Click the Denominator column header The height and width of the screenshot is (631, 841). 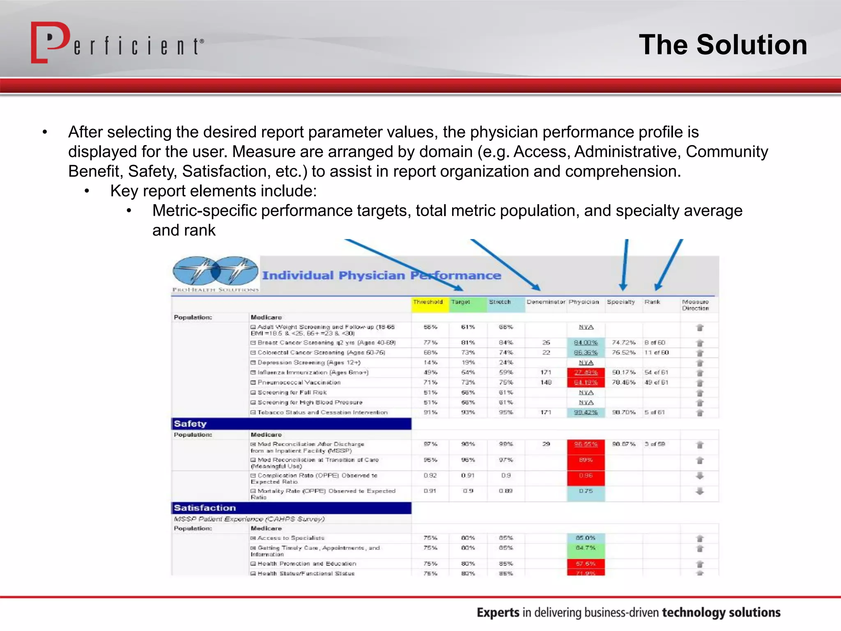(546, 302)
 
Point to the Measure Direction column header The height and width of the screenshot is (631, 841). (696, 305)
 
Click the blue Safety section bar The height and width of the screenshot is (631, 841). (291, 424)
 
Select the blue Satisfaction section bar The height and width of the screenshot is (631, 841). (291, 508)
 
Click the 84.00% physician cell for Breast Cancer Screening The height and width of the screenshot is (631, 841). (586, 343)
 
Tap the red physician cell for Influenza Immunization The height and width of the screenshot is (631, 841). (586, 372)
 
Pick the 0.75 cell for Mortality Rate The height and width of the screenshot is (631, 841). (586, 491)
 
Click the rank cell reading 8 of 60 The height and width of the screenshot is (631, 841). (655, 343)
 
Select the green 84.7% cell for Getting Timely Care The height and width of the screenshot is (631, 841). (586, 548)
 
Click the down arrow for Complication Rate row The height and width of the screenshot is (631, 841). (700, 476)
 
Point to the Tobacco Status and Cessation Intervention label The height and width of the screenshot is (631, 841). (322, 412)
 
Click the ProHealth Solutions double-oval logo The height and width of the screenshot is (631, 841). (215, 271)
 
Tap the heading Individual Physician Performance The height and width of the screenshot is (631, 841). (381, 275)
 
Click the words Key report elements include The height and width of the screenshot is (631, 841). (213, 191)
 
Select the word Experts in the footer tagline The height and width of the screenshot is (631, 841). (498, 613)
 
